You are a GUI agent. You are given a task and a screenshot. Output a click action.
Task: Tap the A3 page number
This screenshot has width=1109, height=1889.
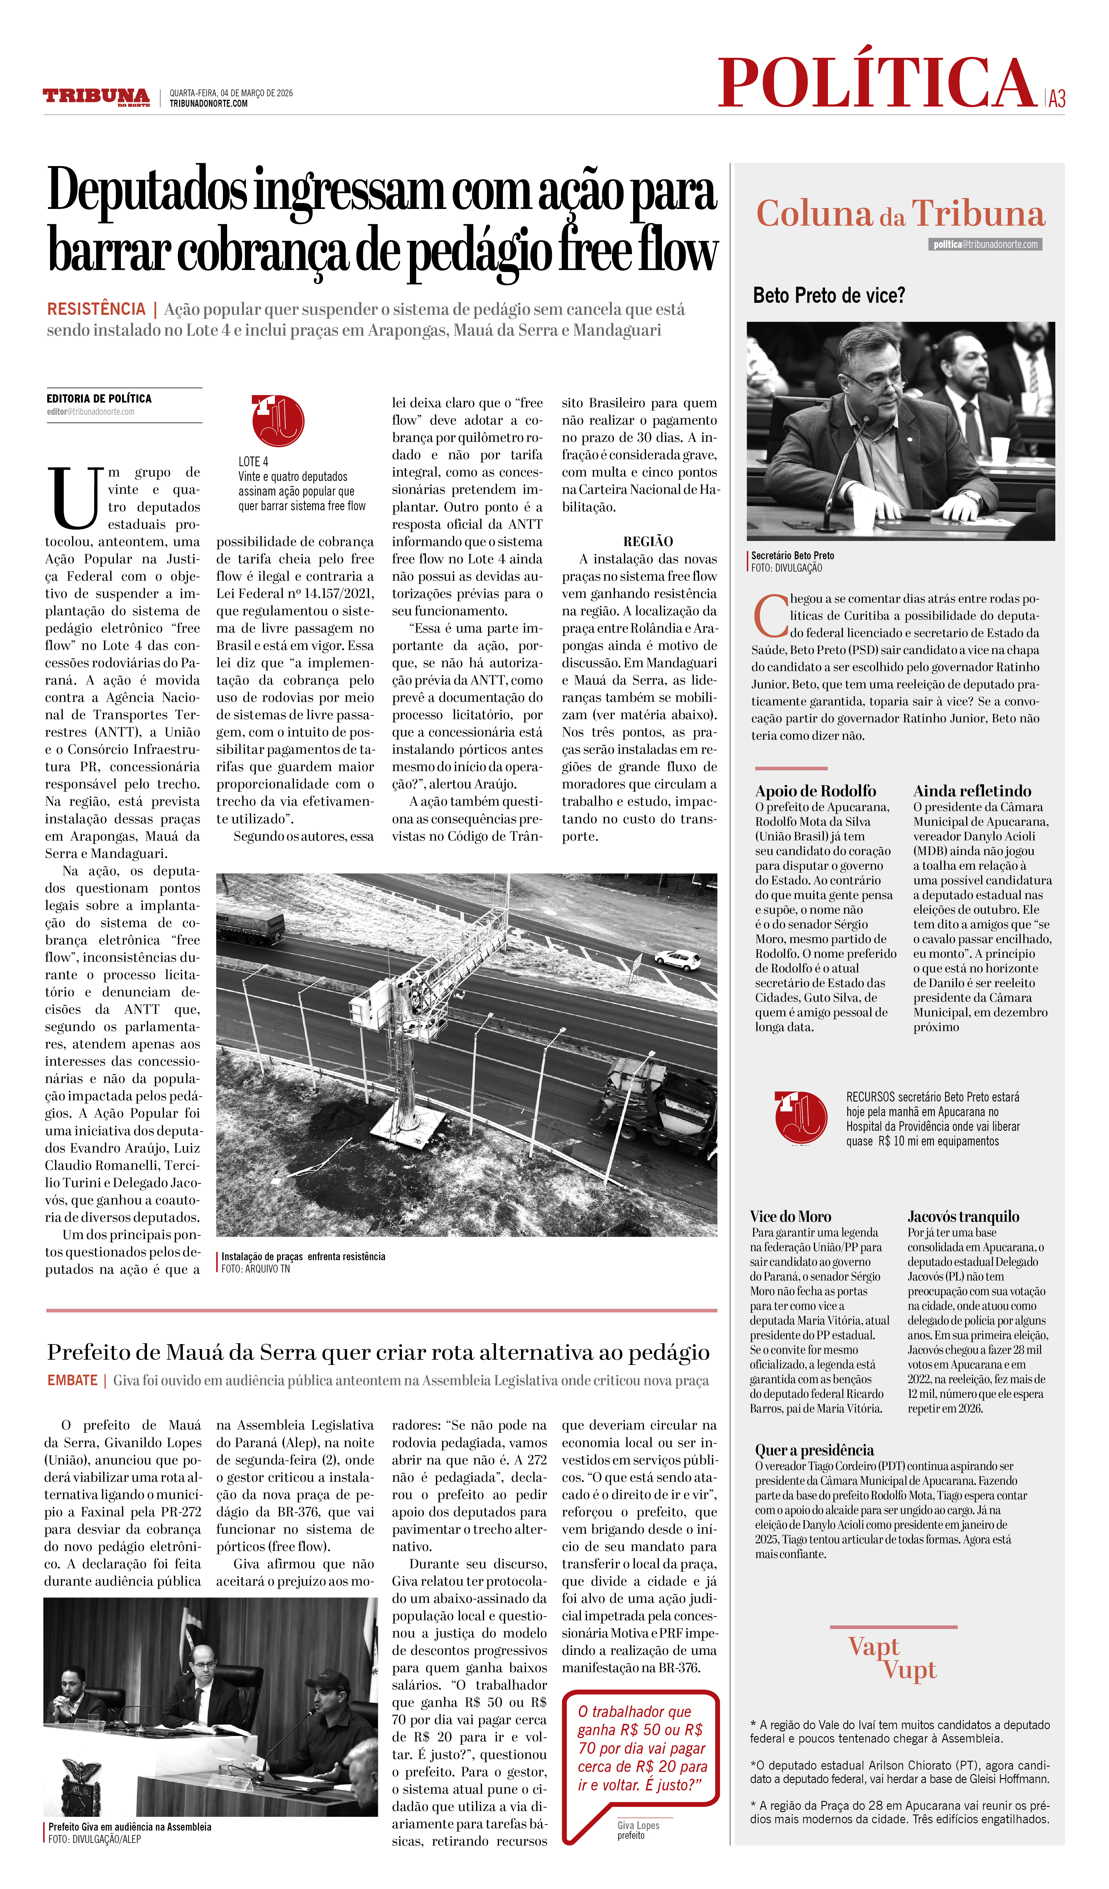(1056, 98)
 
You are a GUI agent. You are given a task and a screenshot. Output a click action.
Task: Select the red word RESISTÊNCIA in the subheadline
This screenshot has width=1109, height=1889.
(96, 309)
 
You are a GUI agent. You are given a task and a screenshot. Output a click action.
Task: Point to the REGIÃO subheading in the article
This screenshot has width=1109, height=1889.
(648, 541)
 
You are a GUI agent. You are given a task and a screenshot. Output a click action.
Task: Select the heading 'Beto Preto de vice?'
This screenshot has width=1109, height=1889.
(829, 295)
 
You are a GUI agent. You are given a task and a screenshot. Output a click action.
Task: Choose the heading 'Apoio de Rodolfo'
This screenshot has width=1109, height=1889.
(815, 791)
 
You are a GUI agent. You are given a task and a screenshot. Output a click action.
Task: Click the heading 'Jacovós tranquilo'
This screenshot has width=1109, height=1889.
(963, 1216)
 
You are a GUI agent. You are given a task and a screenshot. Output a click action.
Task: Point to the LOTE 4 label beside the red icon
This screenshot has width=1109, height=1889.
(253, 462)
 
